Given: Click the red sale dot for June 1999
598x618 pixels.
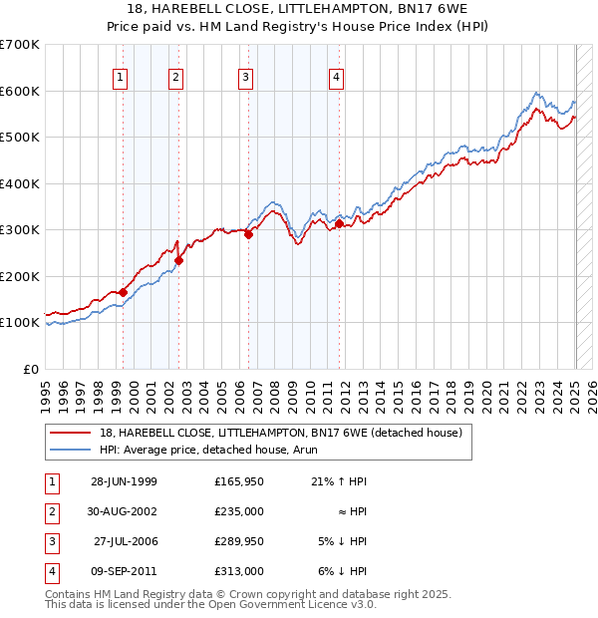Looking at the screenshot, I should pos(124,292).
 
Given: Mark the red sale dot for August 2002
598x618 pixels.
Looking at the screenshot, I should pos(179,260).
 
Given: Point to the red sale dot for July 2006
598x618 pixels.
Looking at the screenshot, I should pos(248,235).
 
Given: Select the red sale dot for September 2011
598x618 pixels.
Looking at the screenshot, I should pos(340,224).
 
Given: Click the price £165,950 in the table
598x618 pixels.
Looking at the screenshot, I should pos(239,481).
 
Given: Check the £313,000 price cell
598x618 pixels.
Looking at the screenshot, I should pos(239,571).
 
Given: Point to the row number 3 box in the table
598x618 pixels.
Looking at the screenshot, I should pos(49,543).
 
